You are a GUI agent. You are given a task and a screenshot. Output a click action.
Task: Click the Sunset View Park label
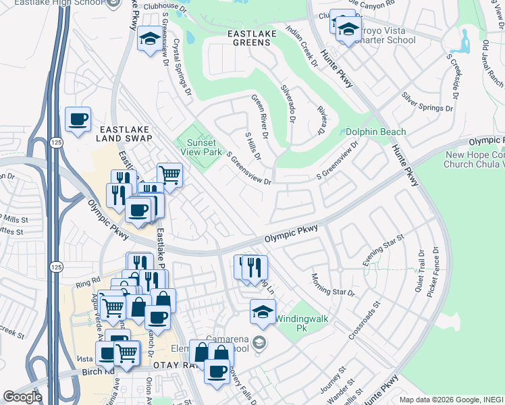tap(200, 147)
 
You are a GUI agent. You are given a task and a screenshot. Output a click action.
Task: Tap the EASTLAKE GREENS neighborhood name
tap(239, 37)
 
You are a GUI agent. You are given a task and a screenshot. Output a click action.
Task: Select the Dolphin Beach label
tap(376, 132)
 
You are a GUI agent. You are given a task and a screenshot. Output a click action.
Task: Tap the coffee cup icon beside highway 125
tap(78, 120)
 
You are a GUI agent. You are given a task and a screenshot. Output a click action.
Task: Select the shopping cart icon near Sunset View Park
tap(169, 175)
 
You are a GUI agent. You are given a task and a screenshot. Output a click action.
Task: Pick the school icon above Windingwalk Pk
tap(263, 311)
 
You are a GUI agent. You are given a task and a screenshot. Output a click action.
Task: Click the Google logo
tap(22, 397)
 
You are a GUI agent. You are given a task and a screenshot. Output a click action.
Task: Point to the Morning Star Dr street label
tap(332, 284)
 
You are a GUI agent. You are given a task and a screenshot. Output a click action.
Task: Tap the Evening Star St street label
tap(383, 248)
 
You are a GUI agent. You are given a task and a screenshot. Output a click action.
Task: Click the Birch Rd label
tap(99, 372)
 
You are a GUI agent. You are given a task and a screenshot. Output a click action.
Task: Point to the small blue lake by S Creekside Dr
tap(464, 42)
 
